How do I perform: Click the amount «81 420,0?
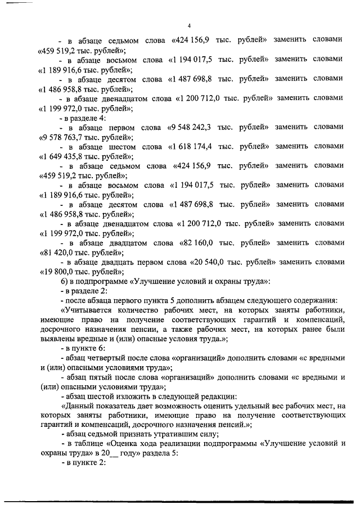[x=61, y=253]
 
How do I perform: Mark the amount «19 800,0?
[x=61, y=272]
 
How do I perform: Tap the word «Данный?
[x=78, y=407]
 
